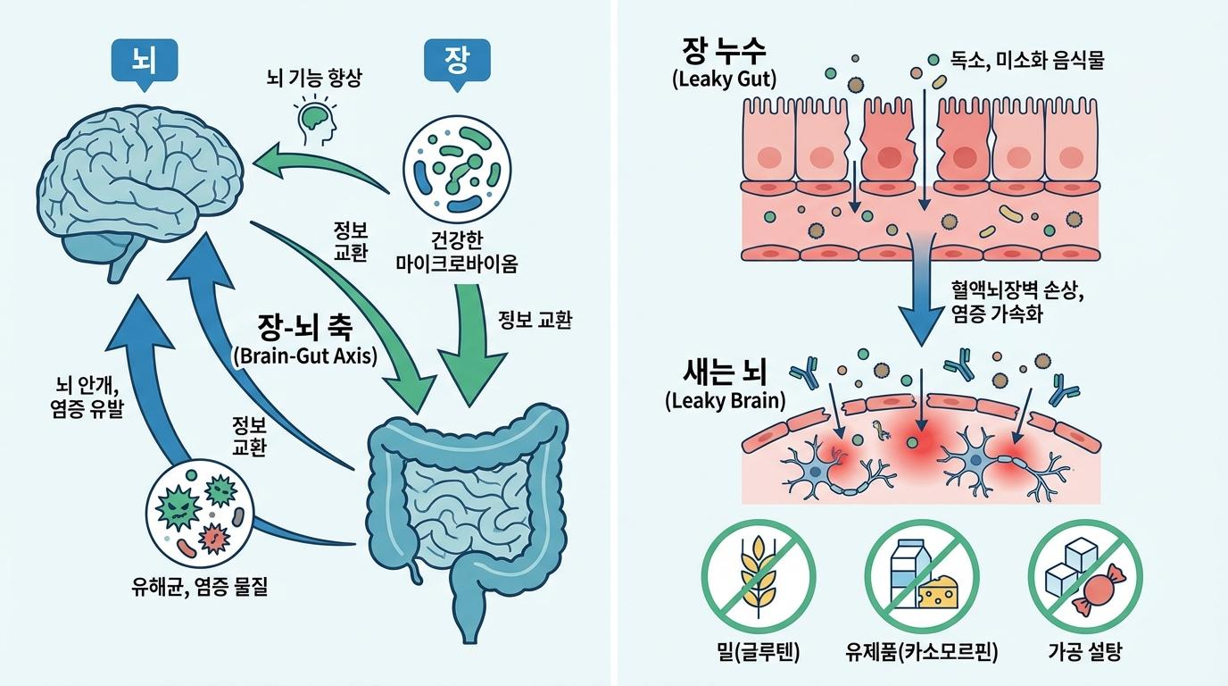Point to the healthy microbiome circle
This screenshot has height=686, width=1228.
tap(456, 168)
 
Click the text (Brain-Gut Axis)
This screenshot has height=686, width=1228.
tap(304, 355)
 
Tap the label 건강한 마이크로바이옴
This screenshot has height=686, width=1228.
tap(456, 252)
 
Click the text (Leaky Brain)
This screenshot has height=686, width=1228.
tap(726, 400)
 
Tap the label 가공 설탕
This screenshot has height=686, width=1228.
tap(1083, 652)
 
